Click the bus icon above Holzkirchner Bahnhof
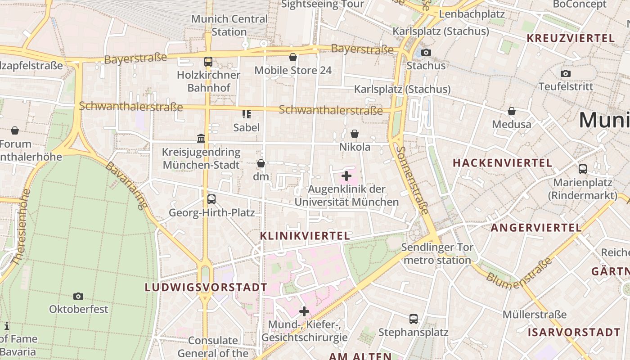[208, 62]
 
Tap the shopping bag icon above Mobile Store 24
[293, 57]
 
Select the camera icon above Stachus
[426, 52]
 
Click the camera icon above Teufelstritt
[566, 73]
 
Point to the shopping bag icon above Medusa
[512, 111]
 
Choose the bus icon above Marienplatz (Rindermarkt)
[583, 169]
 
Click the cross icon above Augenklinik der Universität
[346, 176]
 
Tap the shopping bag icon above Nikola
[355, 134]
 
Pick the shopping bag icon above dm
[261, 163]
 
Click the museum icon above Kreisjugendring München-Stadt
[201, 138]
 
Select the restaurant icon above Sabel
[246, 114]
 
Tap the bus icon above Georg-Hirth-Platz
[211, 199]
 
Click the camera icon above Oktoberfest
[78, 296]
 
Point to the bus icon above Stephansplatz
[414, 319]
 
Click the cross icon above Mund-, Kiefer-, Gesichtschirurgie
[304, 311]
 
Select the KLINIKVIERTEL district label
[305, 236]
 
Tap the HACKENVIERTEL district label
[502, 163]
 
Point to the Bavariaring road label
[126, 185]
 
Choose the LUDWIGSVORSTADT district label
[206, 287]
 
